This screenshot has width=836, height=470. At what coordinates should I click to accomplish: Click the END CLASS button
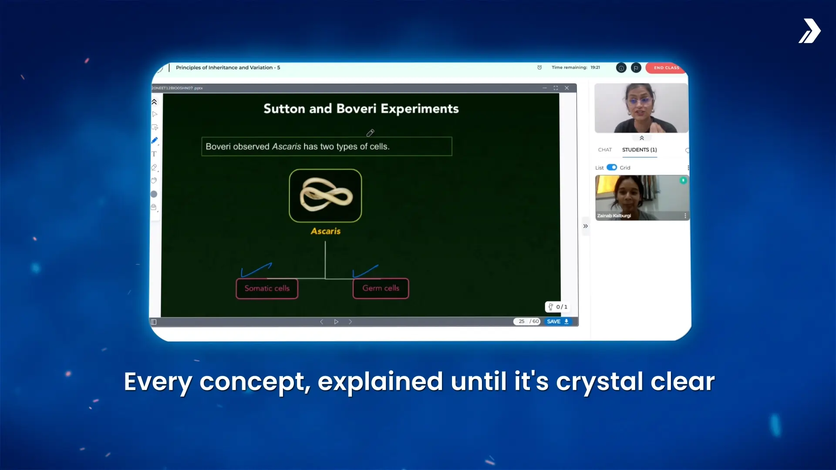click(x=666, y=67)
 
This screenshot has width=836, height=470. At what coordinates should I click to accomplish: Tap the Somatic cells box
click(x=267, y=289)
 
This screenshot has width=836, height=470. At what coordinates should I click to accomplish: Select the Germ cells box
click(x=381, y=289)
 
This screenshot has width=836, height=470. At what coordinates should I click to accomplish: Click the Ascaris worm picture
click(x=325, y=195)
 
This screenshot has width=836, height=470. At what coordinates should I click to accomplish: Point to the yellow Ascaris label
click(x=326, y=231)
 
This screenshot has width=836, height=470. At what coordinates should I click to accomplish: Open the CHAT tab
click(x=605, y=150)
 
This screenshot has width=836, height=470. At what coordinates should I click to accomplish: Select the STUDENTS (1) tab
click(x=639, y=150)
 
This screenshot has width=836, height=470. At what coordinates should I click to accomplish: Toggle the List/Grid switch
click(x=612, y=167)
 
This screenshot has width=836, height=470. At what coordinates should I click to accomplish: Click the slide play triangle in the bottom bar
click(x=336, y=322)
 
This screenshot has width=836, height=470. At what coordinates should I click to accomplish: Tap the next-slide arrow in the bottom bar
click(x=350, y=322)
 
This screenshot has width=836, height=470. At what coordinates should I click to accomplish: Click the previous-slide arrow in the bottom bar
click(x=322, y=322)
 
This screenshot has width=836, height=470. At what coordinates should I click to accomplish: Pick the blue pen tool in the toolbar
click(x=155, y=141)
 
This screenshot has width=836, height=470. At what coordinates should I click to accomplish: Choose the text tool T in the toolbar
click(x=154, y=154)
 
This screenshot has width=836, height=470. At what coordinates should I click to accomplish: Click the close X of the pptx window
click(x=567, y=88)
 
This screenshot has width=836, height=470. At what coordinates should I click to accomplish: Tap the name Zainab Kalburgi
click(x=614, y=216)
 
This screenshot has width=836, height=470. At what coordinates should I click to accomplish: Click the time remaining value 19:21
click(x=595, y=67)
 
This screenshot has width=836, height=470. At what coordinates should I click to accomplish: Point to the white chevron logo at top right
click(x=809, y=31)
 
